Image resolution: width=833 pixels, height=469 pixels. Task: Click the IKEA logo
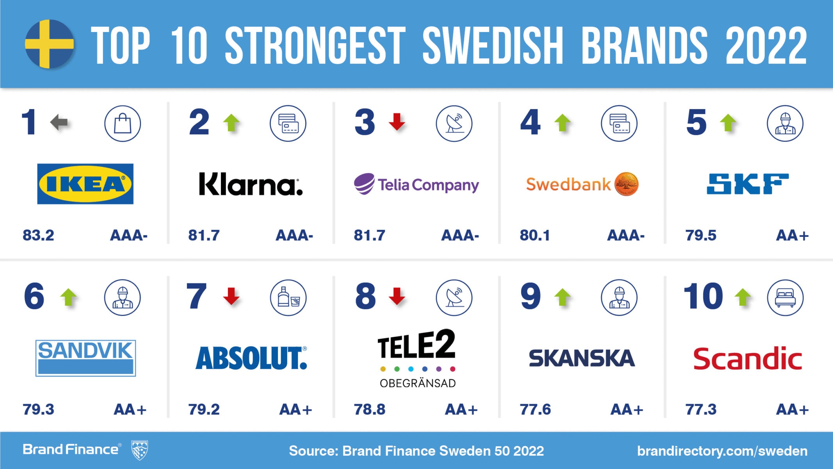(x=85, y=184)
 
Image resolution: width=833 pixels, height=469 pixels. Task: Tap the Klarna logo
(x=250, y=184)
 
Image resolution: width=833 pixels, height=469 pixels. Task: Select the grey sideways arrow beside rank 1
(x=59, y=123)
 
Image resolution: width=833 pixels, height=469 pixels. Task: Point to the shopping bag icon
(x=123, y=124)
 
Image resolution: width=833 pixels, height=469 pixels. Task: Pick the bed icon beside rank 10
(x=785, y=298)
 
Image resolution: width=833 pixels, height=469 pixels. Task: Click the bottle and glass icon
(x=288, y=298)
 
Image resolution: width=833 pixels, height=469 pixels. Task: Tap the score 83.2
(x=38, y=235)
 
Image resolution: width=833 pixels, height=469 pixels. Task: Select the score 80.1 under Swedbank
(x=535, y=235)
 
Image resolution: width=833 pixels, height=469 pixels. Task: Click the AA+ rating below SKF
(x=792, y=235)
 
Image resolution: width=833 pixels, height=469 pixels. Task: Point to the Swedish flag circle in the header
(x=50, y=44)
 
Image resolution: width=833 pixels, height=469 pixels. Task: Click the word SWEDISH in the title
(x=493, y=45)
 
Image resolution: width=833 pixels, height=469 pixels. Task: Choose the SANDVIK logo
(x=85, y=358)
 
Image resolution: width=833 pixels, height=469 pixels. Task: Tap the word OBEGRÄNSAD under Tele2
(x=418, y=383)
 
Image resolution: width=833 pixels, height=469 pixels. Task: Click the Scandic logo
(x=747, y=359)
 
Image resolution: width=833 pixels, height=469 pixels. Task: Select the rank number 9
(x=530, y=296)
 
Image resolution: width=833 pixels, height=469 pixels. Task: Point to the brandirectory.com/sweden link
(x=722, y=451)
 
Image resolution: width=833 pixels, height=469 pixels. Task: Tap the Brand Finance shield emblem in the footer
(x=139, y=450)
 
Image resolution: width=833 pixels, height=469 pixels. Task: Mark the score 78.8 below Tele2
(x=369, y=410)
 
